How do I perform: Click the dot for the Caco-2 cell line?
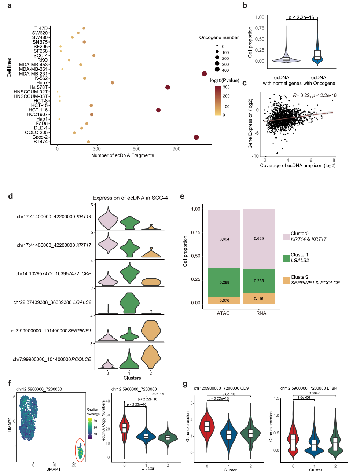pyautogui.click(x=196, y=137)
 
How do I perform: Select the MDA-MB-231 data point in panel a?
pyautogui.click(x=204, y=74)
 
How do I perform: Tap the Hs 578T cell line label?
pyautogui.click(x=38, y=87)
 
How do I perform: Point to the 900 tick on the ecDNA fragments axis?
pyautogui.click(x=176, y=149)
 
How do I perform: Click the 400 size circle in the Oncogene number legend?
pyautogui.click(x=217, y=70)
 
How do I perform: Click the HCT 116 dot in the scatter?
pyautogui.click(x=158, y=110)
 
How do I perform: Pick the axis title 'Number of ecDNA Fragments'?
pyautogui.click(x=122, y=155)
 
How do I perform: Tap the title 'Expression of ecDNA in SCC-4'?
pyautogui.click(x=130, y=198)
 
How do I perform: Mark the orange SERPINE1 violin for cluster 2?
pyautogui.click(x=151, y=330)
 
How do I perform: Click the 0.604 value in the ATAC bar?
pyautogui.click(x=224, y=239)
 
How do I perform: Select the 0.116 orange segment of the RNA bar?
pyautogui.click(x=259, y=299)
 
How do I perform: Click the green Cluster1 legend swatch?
pyautogui.click(x=286, y=258)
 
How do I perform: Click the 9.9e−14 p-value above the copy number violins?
pyautogui.click(x=157, y=394)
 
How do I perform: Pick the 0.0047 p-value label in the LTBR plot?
pyautogui.click(x=314, y=393)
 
